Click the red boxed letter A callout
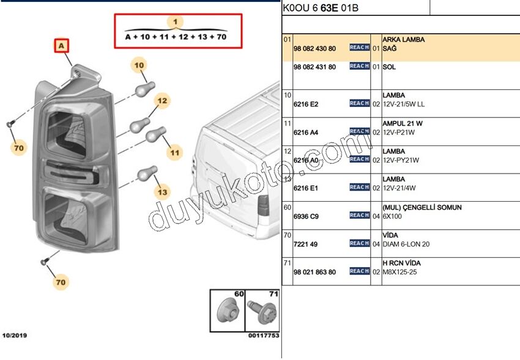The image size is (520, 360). pyautogui.click(x=62, y=46)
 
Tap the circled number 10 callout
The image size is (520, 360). pyautogui.click(x=139, y=65)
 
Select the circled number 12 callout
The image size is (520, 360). pyautogui.click(x=162, y=101)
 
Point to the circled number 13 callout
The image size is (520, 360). pyautogui.click(x=162, y=192)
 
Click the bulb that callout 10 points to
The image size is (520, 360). pyautogui.click(x=145, y=89)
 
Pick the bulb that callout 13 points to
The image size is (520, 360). pyautogui.click(x=147, y=173)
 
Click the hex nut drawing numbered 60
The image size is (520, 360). pyautogui.click(x=228, y=311)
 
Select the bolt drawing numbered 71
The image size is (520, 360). pyautogui.click(x=262, y=312)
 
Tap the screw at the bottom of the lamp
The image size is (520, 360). pyautogui.click(x=45, y=262)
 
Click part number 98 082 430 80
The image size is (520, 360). pyautogui.click(x=314, y=49)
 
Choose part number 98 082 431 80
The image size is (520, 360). pyautogui.click(x=314, y=67)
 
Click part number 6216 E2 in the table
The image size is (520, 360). pyautogui.click(x=306, y=105)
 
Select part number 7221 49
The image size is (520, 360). pyautogui.click(x=305, y=244)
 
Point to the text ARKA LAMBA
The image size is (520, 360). pyautogui.click(x=404, y=40)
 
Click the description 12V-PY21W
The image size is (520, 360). pyautogui.click(x=401, y=160)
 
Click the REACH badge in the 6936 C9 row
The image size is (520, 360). pyautogui.click(x=360, y=215)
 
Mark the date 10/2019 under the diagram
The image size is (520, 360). pyautogui.click(x=15, y=336)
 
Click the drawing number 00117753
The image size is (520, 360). pyautogui.click(x=264, y=336)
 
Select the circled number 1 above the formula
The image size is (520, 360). pyautogui.click(x=176, y=22)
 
